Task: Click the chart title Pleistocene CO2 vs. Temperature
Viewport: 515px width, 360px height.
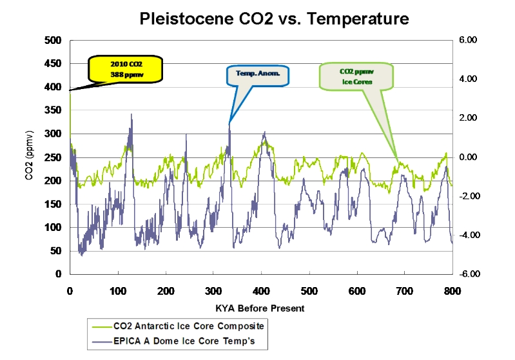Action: point(275,18)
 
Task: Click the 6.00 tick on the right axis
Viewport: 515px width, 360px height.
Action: point(469,41)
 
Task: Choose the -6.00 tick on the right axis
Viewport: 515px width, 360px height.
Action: point(467,274)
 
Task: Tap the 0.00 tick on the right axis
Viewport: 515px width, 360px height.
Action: point(469,157)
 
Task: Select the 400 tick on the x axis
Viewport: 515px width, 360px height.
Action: point(261,290)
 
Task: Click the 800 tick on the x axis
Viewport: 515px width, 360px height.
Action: point(452,290)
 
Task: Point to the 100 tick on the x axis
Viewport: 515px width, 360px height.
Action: point(117,290)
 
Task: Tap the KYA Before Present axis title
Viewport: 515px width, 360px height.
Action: point(261,308)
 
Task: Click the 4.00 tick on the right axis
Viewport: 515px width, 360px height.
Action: point(469,79)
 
